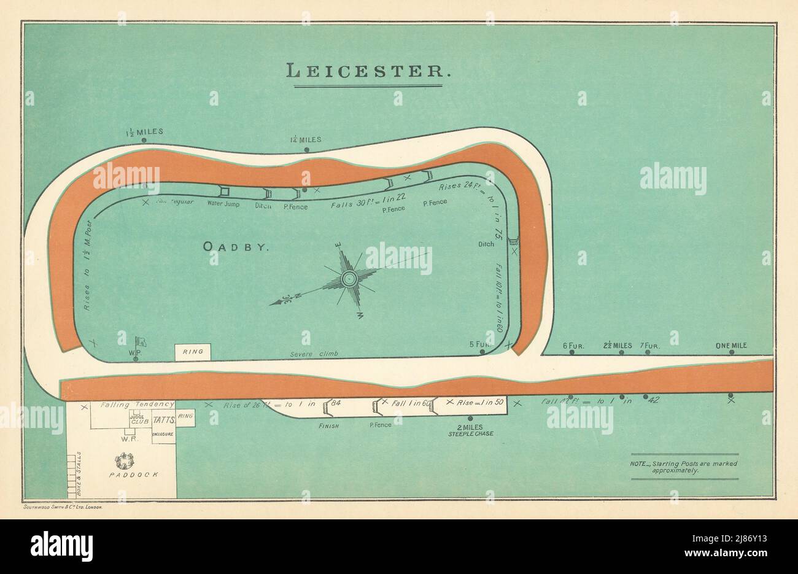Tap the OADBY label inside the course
pos(236,247)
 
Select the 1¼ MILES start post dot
pos(307,149)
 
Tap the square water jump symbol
pos(224,192)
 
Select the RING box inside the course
pos(193,352)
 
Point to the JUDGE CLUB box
pos(136,420)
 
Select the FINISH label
pos(328,424)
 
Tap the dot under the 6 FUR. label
pos(572,354)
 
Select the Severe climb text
pos(314,354)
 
